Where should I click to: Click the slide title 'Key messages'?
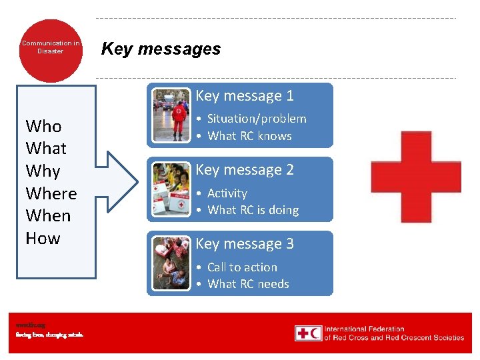[x=161, y=49]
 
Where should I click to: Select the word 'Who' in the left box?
[x=43, y=126]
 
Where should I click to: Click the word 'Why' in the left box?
[x=43, y=171]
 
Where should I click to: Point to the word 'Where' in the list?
[x=51, y=193]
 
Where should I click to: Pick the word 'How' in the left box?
[x=43, y=238]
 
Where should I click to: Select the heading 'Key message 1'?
[x=244, y=96]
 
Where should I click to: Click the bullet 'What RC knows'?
[x=249, y=136]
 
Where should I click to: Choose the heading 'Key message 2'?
[x=244, y=170]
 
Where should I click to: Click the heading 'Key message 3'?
[x=244, y=244]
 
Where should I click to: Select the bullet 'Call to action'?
[x=242, y=267]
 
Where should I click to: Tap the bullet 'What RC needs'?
[x=248, y=284]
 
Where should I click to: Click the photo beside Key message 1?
[x=171, y=115]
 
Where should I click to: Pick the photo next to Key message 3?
[x=171, y=263]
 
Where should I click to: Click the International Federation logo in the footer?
[x=379, y=333]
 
